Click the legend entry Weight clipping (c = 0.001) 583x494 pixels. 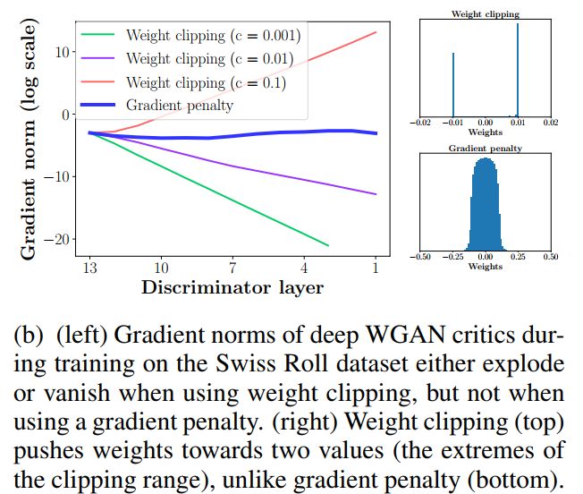tap(213, 36)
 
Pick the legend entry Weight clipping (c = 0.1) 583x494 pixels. tap(206, 82)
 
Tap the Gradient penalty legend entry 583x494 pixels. tap(180, 106)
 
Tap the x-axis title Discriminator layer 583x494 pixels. tap(232, 288)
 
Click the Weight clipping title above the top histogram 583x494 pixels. tap(486, 14)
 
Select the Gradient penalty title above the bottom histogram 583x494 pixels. tap(486, 149)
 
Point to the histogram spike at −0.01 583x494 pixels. tap(453, 84)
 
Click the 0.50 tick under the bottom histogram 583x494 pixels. tap(550, 256)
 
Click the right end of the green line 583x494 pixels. tap(328, 244)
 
